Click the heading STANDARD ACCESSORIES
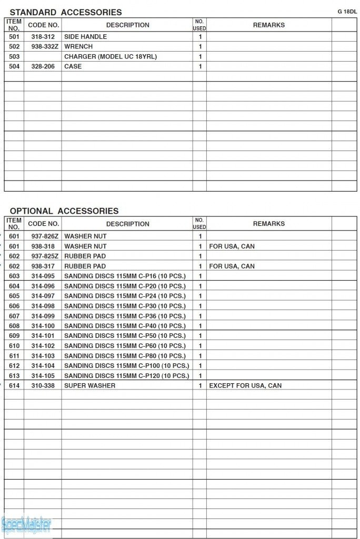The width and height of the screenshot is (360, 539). pos(66,12)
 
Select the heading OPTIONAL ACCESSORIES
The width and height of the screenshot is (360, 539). pos(64,211)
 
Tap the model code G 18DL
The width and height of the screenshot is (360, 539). pos(347,11)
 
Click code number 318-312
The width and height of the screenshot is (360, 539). pos(43,37)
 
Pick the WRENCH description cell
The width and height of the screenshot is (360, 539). pos(78,47)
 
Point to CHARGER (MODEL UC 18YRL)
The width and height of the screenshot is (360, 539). pos(111,57)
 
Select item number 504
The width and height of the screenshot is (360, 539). pos(14,67)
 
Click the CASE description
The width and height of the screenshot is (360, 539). pos(73,67)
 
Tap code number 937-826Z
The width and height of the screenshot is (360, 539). pos(43,236)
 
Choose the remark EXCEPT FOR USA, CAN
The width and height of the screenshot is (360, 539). pos(245,386)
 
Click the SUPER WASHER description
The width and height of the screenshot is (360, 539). pos(89,386)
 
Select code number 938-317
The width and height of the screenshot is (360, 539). pos(43,266)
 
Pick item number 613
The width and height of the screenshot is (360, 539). pos(14,376)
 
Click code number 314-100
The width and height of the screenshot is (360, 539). pos(43,326)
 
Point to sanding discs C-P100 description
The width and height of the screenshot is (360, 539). pos(126,366)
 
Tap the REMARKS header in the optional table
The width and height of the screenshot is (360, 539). pos(268,224)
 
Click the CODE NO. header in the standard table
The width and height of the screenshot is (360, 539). pos(43,25)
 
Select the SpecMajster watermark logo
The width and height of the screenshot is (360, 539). pos(26,525)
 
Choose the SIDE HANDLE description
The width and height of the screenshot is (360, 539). pos(85,37)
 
